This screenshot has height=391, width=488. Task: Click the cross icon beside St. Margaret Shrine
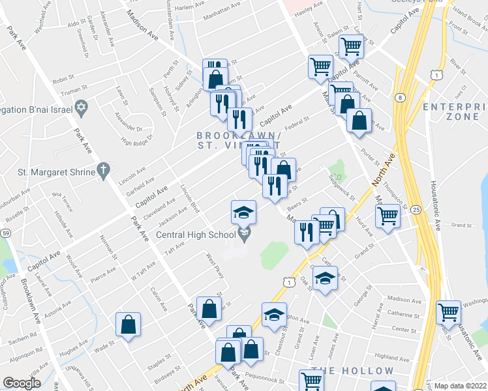click(x=102, y=171)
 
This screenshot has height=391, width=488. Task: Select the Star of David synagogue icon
click(x=82, y=106)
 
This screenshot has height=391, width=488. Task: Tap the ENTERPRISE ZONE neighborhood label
click(x=454, y=111)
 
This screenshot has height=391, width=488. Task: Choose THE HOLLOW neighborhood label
click(x=352, y=371)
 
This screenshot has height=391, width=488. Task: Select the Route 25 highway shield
click(x=416, y=209)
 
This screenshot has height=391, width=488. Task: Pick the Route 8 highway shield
click(x=399, y=98)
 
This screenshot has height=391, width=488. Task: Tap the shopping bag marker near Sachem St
click(x=129, y=323)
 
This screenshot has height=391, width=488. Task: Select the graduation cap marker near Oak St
click(x=324, y=278)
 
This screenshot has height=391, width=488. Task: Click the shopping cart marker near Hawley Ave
click(x=352, y=46)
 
